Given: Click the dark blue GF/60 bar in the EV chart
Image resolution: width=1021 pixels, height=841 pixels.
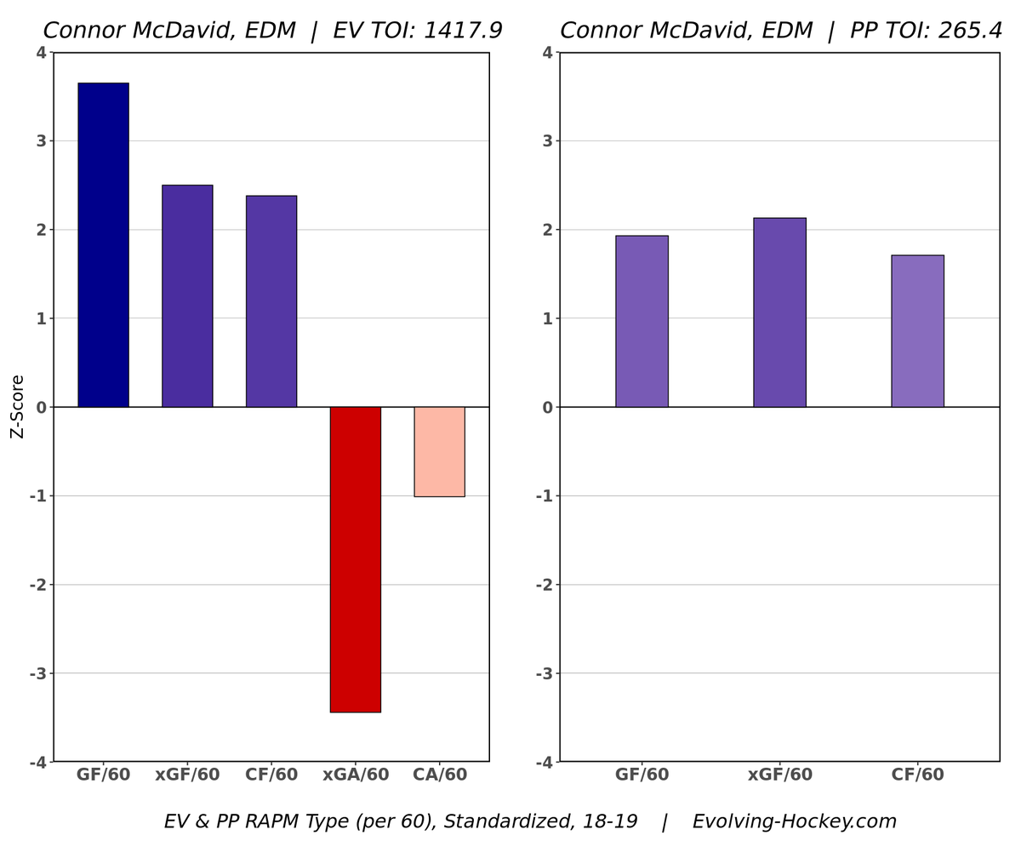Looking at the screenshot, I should [x=103, y=245].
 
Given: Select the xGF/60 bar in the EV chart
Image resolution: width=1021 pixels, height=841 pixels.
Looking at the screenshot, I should [x=187, y=296].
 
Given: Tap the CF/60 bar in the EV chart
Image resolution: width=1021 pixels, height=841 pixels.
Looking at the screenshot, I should [x=271, y=301].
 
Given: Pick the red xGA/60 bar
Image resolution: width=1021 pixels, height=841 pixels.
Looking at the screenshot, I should [x=356, y=559].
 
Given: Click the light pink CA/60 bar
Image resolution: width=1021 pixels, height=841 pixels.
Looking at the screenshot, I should [x=439, y=452].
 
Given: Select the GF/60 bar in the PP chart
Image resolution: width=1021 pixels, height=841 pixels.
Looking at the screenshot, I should [x=642, y=322].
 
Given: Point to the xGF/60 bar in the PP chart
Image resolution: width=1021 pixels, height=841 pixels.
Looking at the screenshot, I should [x=779, y=312].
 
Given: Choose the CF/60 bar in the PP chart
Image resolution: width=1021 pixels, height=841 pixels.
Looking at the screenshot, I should [x=917, y=331].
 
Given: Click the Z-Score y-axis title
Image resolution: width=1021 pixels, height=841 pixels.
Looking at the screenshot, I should [x=17, y=407].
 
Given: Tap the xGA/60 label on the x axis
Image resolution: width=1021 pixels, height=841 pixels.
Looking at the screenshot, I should [x=356, y=775].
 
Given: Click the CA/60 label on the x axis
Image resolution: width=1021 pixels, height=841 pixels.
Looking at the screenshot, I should [x=439, y=775].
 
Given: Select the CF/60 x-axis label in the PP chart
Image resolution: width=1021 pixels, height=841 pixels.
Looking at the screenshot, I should [x=917, y=775].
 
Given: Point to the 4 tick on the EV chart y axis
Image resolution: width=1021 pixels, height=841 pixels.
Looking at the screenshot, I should [x=41, y=53].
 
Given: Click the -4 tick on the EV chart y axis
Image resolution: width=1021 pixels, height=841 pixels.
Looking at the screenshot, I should [x=37, y=763].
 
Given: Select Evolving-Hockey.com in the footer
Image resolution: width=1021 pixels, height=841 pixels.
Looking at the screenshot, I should [x=794, y=822].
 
